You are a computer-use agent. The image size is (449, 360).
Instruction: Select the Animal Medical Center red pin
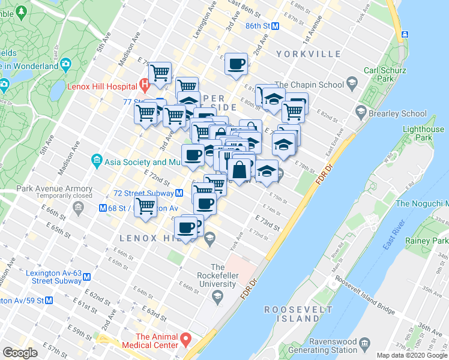tap(186, 340)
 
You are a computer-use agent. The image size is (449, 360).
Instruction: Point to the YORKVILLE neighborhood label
tap(309, 54)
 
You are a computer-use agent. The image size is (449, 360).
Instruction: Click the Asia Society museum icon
tap(96, 160)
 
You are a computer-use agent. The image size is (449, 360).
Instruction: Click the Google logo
tap(20, 352)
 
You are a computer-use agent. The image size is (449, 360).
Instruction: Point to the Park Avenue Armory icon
tap(77, 208)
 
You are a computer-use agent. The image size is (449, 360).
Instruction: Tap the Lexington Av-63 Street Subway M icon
tap(87, 277)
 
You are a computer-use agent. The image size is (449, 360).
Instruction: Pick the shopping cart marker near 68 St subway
tap(146, 206)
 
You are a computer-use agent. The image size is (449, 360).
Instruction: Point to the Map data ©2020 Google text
tap(411, 355)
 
